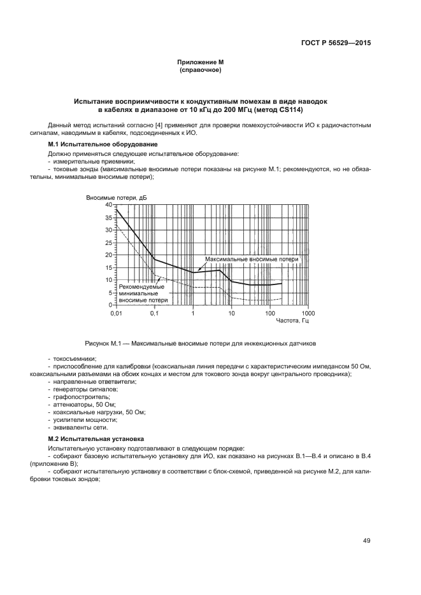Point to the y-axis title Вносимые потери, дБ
[117, 198]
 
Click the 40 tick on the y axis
[108, 205]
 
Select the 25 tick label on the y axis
[108, 242]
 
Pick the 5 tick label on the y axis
[110, 293]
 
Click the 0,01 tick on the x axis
[116, 314]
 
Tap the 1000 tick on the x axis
[308, 314]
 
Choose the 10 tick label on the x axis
[231, 314]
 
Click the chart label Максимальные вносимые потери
[252, 260]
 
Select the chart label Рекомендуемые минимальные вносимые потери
[144, 293]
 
